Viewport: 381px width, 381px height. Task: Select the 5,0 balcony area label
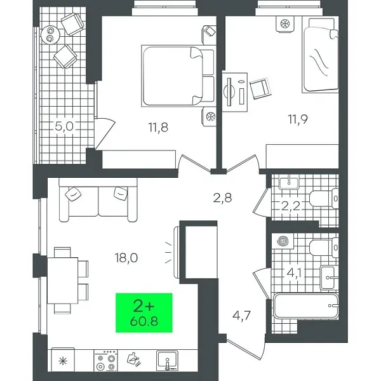[x=65, y=126]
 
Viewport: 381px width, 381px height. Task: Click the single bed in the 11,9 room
[x=322, y=56]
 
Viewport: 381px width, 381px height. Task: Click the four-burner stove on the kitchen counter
[x=105, y=361]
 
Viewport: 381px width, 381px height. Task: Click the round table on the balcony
[x=49, y=36]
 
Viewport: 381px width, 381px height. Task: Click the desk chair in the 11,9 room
[x=259, y=88]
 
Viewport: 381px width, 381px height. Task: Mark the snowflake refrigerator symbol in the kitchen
[x=62, y=361]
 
